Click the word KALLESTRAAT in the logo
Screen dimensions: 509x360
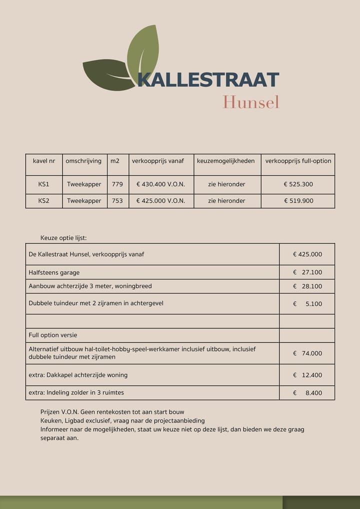pyautogui.click(x=208, y=80)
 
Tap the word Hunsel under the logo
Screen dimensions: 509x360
pyautogui.click(x=250, y=102)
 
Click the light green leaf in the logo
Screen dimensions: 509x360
pyautogui.click(x=143, y=52)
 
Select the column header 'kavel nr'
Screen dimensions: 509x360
pyautogui.click(x=44, y=161)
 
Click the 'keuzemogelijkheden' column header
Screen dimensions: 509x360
pyautogui.click(x=226, y=161)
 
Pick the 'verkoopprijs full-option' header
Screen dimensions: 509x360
pyautogui.click(x=298, y=161)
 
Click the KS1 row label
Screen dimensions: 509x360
pyautogui.click(x=44, y=184)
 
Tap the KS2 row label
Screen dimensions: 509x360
pyautogui.click(x=44, y=201)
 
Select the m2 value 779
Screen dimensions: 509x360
pyautogui.click(x=117, y=184)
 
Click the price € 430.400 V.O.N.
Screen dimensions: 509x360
pyautogui.click(x=160, y=184)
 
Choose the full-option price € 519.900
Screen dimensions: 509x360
pyautogui.click(x=298, y=201)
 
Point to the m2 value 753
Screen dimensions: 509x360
pyautogui.click(x=117, y=201)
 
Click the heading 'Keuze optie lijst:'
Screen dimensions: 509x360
pyautogui.click(x=63, y=238)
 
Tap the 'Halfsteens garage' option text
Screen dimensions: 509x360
pyautogui.click(x=54, y=272)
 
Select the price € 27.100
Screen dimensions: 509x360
pyautogui.click(x=307, y=272)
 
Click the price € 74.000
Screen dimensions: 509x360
pyautogui.click(x=307, y=353)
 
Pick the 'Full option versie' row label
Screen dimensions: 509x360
pyautogui.click(x=53, y=335)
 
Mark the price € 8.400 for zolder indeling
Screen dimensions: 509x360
pyautogui.click(x=307, y=393)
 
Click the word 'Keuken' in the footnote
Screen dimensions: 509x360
pyautogui.click(x=50, y=420)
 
